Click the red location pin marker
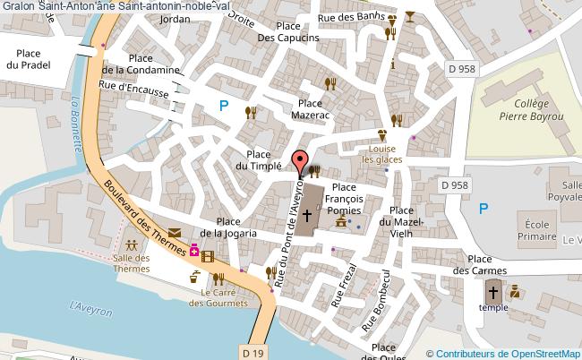point(299,162)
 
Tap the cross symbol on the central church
point(307,215)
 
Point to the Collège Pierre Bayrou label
point(525,109)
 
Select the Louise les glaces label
point(382,153)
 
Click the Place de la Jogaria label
point(228,227)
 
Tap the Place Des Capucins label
point(288,32)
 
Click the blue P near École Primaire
point(484,209)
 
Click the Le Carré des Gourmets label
point(218,297)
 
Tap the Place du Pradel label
point(25,59)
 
